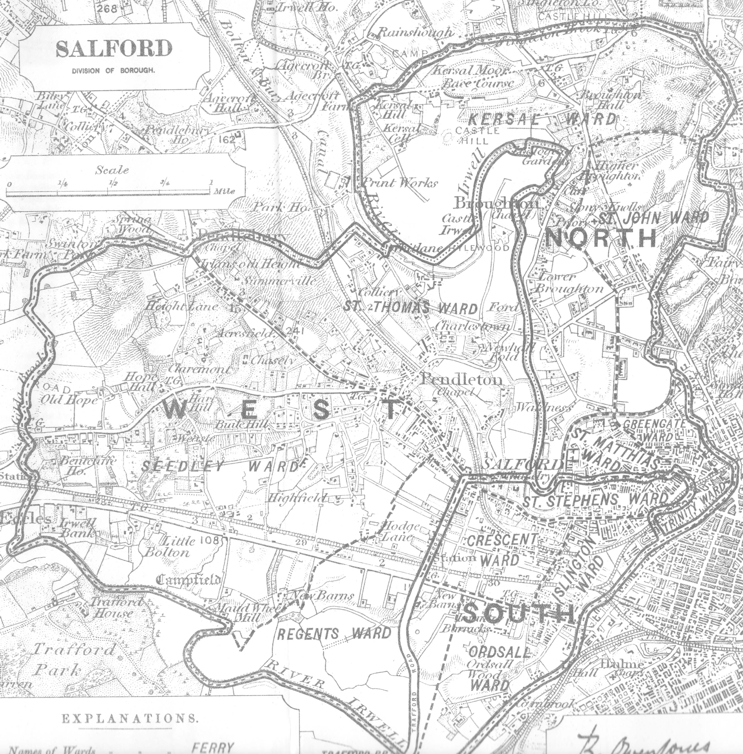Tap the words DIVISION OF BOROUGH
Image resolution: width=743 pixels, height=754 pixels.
point(113,71)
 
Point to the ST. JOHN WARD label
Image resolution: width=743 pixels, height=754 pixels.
point(654,218)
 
